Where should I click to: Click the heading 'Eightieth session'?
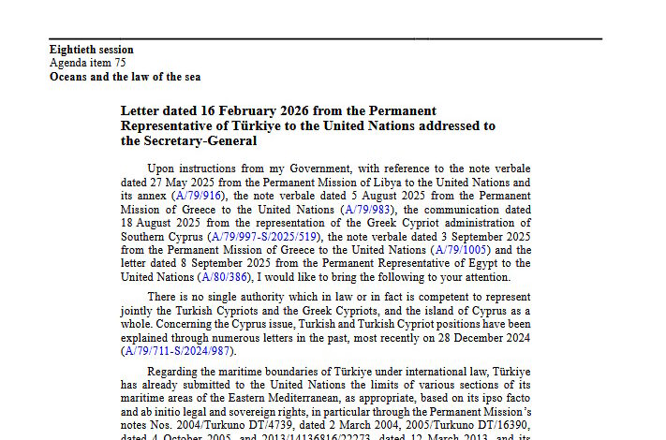[x=91, y=50]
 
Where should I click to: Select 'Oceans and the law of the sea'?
[x=125, y=77]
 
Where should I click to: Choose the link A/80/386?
[x=226, y=277]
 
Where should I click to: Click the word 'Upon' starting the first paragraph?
[x=162, y=168]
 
